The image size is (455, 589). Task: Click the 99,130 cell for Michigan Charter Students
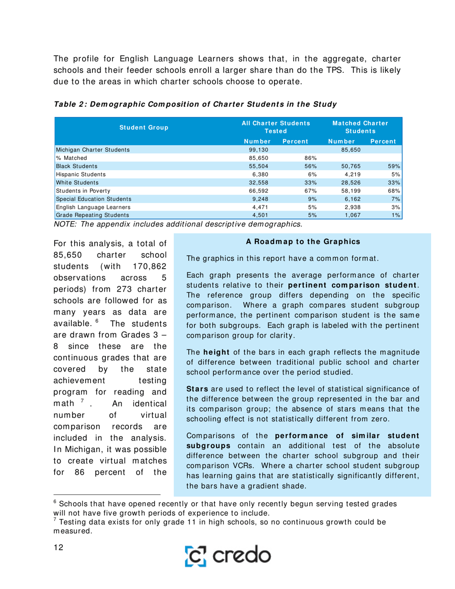[258, 149]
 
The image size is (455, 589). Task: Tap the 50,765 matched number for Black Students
[345, 166]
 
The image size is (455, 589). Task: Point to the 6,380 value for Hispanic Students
[260, 174]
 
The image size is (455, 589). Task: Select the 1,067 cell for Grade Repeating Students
[345, 215]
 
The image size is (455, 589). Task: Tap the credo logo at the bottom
[243, 556]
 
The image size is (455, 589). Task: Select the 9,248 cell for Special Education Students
[260, 198]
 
